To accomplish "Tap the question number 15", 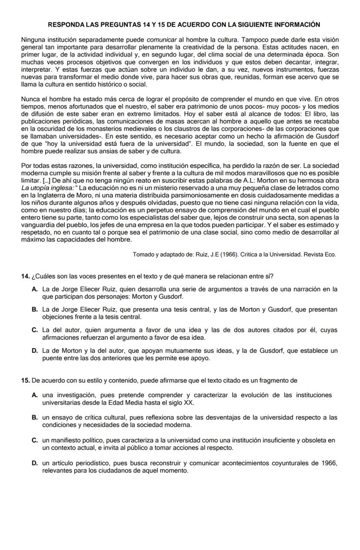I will (25, 381).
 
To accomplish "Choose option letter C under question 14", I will (34, 330).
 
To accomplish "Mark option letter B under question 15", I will (34, 417).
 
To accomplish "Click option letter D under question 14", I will (34, 351).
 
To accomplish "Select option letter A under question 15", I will (34, 395).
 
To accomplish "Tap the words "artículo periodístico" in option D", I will (79, 463).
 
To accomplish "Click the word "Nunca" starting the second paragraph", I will (30, 99).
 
